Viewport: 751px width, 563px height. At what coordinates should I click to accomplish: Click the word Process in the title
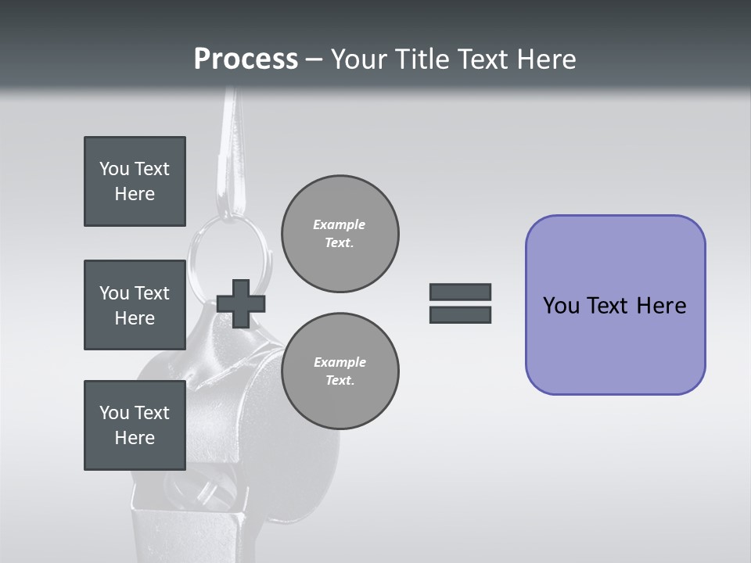pos(246,59)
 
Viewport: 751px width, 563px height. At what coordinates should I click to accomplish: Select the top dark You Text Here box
pos(135,181)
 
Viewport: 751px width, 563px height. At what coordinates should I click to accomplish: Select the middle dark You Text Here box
pos(135,305)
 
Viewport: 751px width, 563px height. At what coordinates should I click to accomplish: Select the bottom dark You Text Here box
pos(135,425)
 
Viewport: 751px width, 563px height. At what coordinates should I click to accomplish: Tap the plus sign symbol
pos(241,303)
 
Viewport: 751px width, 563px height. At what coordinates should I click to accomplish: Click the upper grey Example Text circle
pos(340,234)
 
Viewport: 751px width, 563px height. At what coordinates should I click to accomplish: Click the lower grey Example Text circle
pos(340,371)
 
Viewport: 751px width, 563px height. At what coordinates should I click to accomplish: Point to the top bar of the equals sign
pos(460,292)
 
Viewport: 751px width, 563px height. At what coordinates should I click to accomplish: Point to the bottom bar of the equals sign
pos(460,315)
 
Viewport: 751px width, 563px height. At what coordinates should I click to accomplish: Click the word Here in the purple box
pos(661,306)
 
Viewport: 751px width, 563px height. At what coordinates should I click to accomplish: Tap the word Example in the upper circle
pos(340,224)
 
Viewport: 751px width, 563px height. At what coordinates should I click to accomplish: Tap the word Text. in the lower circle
pos(340,381)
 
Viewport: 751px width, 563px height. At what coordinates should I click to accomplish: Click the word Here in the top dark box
pos(135,194)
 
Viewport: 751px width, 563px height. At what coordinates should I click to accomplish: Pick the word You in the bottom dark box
pos(114,413)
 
